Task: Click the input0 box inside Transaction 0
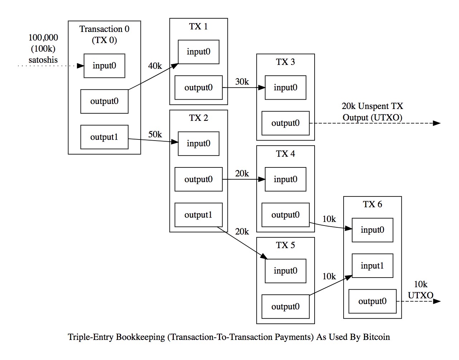point(104,66)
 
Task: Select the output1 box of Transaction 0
point(104,137)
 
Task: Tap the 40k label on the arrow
point(155,66)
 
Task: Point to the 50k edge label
point(155,134)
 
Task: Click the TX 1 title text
point(198,27)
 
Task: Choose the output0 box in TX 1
point(198,87)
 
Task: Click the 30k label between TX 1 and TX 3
point(242,82)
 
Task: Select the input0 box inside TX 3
point(285,87)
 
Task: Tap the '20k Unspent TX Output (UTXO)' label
point(372,112)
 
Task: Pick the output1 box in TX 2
point(198,215)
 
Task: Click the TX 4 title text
point(285,154)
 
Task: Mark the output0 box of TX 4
point(285,215)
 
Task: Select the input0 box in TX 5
point(285,271)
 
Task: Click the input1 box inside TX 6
point(372,266)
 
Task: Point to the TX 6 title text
point(372,204)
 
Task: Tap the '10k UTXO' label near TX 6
point(420,290)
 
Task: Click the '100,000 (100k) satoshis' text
point(43,49)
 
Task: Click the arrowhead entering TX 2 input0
point(175,142)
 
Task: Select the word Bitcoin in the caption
point(376,337)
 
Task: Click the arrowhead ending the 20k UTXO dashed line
point(437,123)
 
